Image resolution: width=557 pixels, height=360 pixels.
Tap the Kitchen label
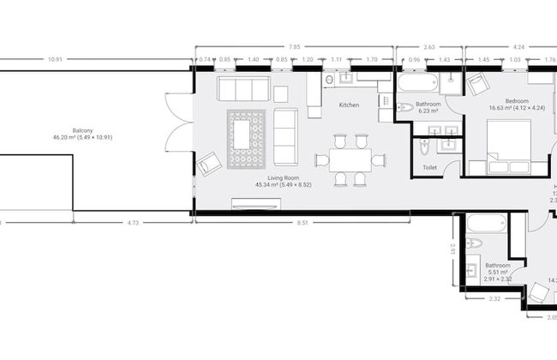[349, 105]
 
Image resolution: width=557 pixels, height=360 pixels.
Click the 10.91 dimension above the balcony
[55, 59]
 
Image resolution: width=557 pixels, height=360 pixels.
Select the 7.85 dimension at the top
[294, 46]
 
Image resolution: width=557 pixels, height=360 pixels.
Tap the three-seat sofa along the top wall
[243, 88]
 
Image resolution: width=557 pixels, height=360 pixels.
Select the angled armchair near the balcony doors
[208, 163]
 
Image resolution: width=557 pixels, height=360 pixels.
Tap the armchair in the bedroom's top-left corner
[476, 83]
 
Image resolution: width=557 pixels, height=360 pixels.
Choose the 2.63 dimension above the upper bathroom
[429, 46]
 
